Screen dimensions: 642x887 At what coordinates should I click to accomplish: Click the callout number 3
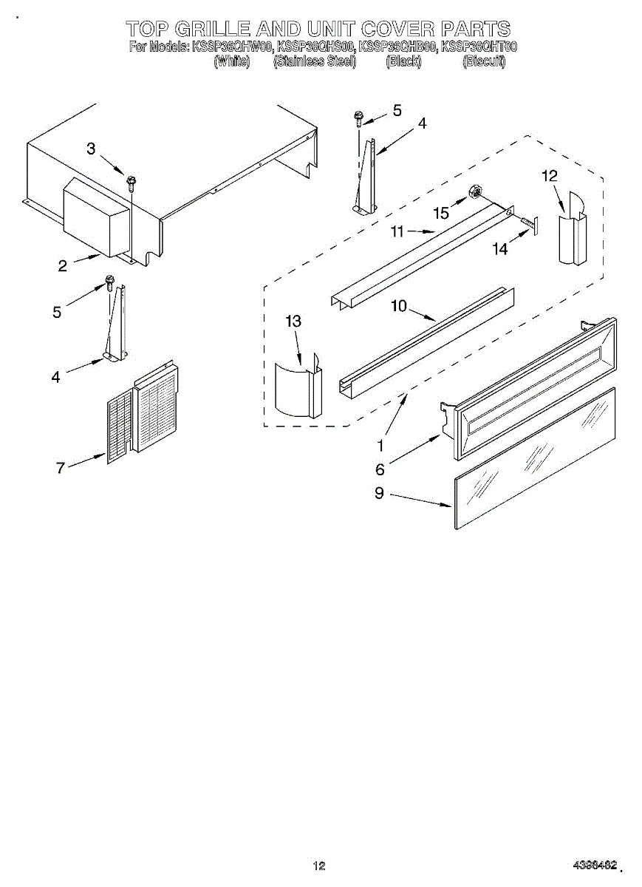tap(91, 149)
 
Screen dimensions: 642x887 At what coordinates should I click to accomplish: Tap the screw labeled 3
tap(131, 180)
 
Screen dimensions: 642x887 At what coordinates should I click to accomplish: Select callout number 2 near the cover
tap(63, 266)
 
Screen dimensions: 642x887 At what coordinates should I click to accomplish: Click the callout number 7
tap(61, 466)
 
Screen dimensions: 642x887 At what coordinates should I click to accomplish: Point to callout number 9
tap(379, 493)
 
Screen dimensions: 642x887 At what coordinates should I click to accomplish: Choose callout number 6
tap(380, 469)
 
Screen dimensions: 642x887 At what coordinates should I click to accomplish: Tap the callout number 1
tap(380, 446)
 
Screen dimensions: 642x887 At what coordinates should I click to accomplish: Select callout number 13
tap(293, 321)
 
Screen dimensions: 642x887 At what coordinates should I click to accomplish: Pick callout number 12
tap(550, 176)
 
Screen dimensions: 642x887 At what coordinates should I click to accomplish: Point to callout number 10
tap(399, 305)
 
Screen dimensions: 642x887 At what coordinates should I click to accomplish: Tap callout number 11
tap(397, 231)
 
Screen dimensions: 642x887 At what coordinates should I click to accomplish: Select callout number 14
tap(500, 249)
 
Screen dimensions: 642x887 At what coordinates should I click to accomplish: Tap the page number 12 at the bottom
tap(319, 866)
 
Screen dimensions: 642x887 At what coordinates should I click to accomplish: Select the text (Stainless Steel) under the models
tap(315, 62)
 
